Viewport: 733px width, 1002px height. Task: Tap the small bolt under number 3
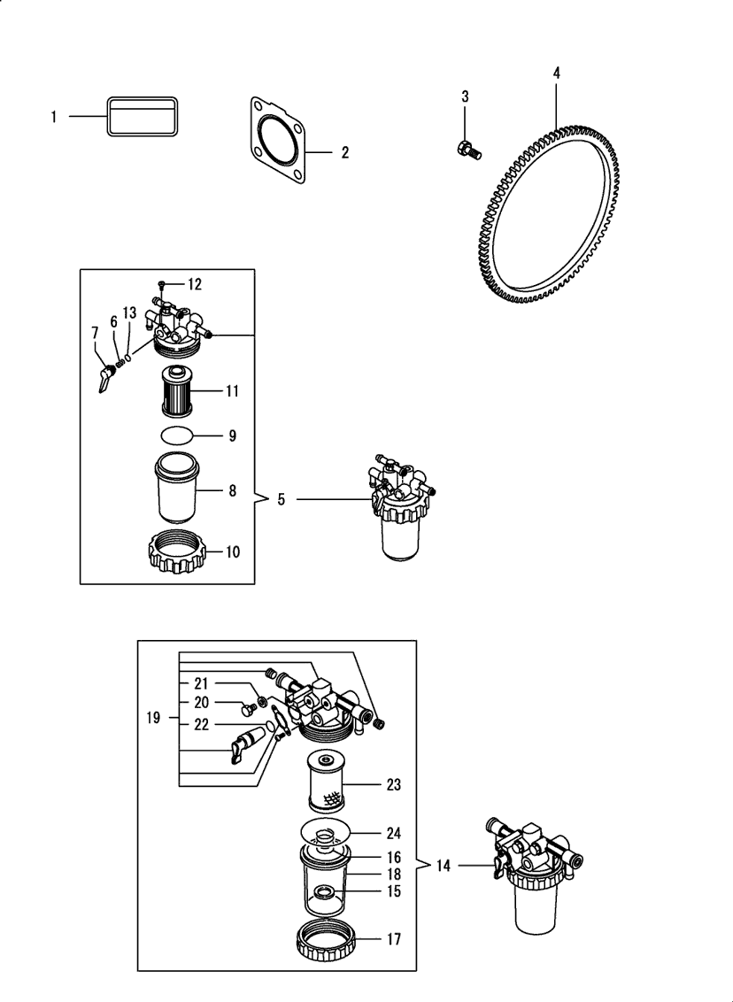[467, 150]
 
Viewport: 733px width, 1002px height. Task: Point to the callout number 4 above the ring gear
[556, 73]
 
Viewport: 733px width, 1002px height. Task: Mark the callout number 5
[281, 499]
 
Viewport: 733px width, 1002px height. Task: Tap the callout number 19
[153, 718]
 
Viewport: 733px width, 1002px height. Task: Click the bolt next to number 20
[247, 706]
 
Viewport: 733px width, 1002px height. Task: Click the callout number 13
[129, 312]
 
